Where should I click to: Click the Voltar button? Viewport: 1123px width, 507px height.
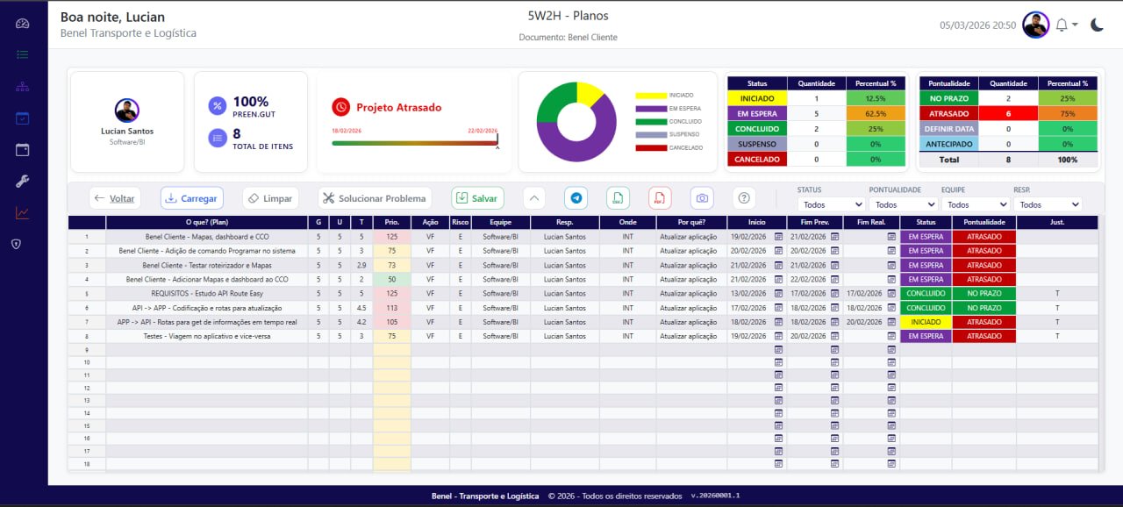coord(114,198)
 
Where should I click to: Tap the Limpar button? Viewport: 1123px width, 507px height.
coord(269,198)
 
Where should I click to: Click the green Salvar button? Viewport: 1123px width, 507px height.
coord(477,198)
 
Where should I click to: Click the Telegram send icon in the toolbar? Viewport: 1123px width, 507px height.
coord(576,198)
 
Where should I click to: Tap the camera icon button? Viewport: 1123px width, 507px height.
coord(702,198)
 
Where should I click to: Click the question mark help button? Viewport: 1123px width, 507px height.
coord(744,198)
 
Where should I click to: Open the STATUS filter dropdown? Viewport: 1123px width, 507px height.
coord(831,204)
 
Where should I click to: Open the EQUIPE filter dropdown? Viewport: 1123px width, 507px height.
coord(974,204)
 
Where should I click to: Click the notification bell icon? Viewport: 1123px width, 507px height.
coord(1062,25)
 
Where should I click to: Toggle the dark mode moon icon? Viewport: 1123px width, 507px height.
coord(1097,25)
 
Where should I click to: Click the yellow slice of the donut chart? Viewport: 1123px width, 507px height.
coord(588,93)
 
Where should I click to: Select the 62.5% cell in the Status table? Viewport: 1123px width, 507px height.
coord(875,113)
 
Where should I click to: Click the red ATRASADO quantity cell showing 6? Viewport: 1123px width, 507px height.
coord(1008,113)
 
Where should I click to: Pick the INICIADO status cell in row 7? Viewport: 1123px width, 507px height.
coord(926,322)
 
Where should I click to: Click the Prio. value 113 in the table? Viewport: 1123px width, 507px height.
coord(391,308)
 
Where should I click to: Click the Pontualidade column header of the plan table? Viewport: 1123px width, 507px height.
coord(984,223)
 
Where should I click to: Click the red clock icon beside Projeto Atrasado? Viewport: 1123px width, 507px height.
coord(340,107)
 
